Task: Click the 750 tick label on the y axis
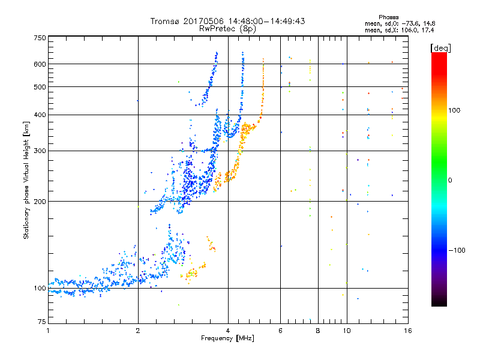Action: click(40, 38)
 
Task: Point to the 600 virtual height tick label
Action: click(40, 64)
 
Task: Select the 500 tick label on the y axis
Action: click(40, 87)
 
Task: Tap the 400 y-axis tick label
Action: click(40, 115)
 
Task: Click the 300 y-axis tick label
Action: click(40, 151)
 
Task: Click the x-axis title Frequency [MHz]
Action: click(227, 339)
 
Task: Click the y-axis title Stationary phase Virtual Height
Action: click(26, 180)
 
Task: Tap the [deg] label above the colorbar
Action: click(441, 47)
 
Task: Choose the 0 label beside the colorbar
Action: click(451, 180)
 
